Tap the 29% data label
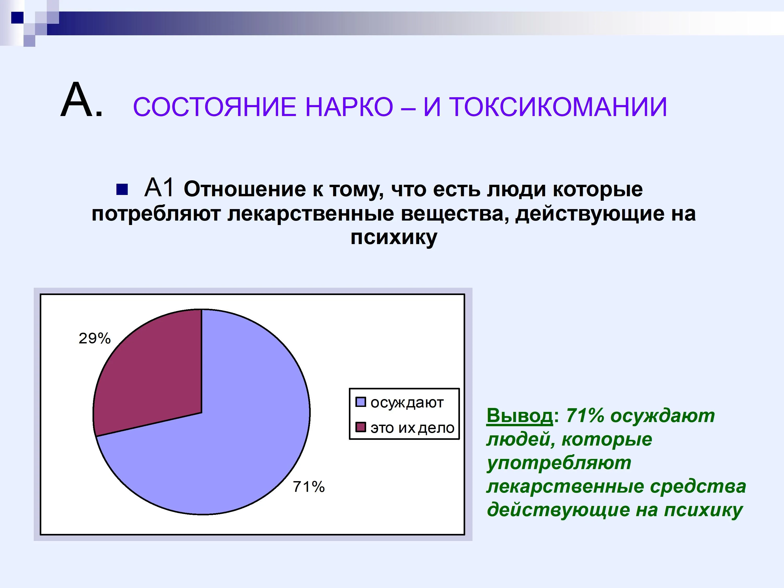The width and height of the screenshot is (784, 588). coord(95,338)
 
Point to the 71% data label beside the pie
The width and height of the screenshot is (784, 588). coord(309,487)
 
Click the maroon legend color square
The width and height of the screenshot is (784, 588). coord(360,427)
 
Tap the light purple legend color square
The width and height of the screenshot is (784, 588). coord(360,402)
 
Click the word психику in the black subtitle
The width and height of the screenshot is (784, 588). coord(394,237)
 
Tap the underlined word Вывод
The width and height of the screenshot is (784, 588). coord(520,416)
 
